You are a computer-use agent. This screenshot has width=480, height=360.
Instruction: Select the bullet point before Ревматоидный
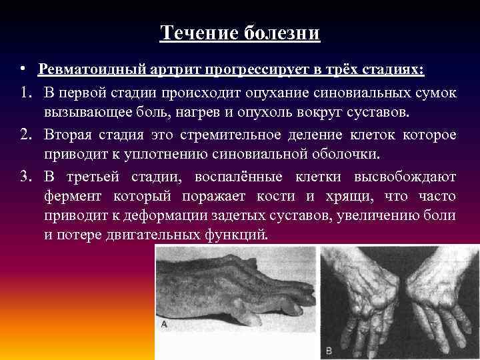click(x=23, y=69)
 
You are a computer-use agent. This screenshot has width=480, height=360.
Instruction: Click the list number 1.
click(x=25, y=92)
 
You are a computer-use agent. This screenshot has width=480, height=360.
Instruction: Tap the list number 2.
click(x=25, y=135)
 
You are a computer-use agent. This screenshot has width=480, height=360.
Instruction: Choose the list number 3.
click(x=25, y=177)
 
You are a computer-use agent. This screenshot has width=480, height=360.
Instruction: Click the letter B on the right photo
click(x=329, y=349)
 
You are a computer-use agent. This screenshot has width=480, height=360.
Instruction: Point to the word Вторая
click(x=71, y=135)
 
